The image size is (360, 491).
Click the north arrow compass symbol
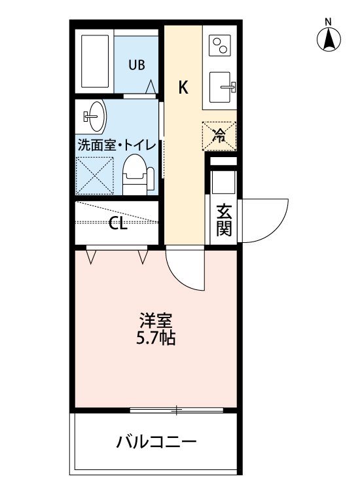(x=329, y=40)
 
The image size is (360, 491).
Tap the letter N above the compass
(x=328, y=22)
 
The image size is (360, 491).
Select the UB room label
(x=137, y=65)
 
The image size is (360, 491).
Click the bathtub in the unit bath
(x=95, y=61)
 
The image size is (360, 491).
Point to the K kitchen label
(x=183, y=87)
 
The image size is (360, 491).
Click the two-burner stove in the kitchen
(x=219, y=45)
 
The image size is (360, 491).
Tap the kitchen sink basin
(x=220, y=87)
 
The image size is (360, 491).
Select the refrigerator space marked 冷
(x=219, y=136)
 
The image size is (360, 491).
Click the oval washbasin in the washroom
(x=96, y=116)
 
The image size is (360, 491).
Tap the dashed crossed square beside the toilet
(x=94, y=175)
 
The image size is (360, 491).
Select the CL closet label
(x=118, y=224)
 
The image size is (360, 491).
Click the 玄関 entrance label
(x=224, y=220)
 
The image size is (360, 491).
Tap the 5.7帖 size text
(x=156, y=338)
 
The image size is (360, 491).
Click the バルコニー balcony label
(x=156, y=441)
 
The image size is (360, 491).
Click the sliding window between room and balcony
(x=177, y=410)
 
